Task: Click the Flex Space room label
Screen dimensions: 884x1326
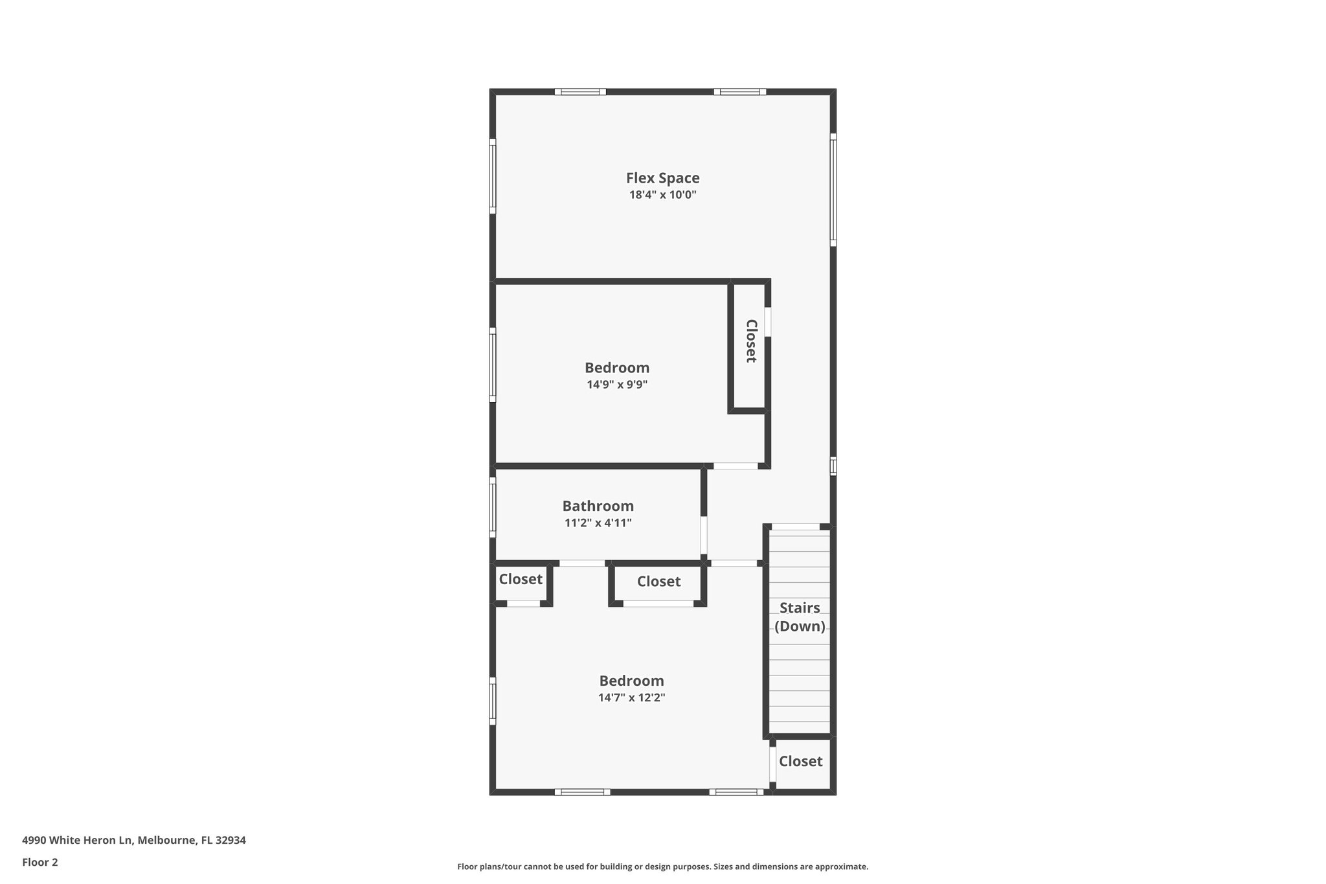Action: click(662, 178)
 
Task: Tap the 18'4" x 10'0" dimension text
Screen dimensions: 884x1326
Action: click(662, 195)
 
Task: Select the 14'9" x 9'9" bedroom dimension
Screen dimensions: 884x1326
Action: click(617, 385)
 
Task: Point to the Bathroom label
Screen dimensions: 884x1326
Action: click(598, 506)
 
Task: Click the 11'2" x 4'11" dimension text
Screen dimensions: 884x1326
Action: click(598, 523)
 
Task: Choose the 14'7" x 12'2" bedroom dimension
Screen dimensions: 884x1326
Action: click(631, 697)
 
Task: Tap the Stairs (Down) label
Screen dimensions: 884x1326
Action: click(800, 617)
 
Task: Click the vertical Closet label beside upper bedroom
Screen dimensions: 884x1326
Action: click(751, 341)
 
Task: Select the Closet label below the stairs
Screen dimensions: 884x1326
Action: click(800, 762)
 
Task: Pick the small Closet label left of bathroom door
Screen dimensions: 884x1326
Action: click(521, 579)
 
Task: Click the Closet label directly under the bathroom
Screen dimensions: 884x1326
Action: click(658, 582)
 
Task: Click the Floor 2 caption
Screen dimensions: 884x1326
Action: click(40, 862)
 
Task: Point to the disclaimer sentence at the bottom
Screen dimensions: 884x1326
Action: click(662, 867)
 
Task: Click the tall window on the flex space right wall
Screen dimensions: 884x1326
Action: click(833, 190)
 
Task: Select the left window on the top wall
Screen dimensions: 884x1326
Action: click(580, 92)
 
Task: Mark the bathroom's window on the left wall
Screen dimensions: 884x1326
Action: click(493, 507)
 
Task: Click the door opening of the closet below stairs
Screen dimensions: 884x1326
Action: click(772, 765)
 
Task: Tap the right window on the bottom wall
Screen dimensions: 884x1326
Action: click(736, 791)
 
